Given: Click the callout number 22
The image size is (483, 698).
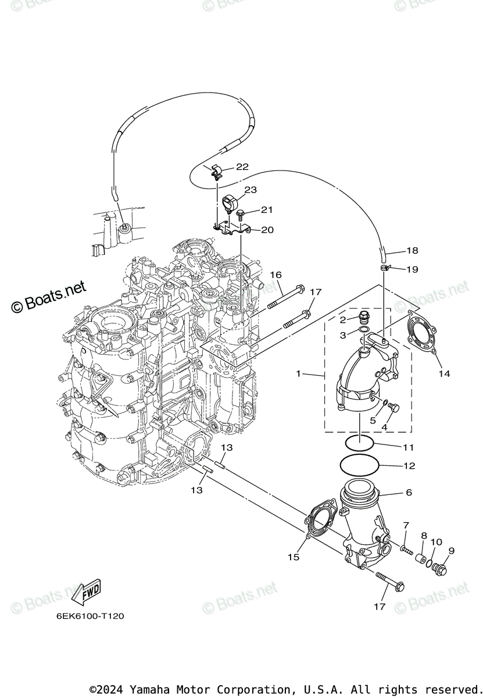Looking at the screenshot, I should (x=242, y=166).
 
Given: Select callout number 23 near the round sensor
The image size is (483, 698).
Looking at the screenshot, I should (x=251, y=190).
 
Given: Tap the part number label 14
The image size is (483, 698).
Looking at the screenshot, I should (x=444, y=373).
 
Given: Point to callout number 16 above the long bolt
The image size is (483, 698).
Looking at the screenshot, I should (x=276, y=275).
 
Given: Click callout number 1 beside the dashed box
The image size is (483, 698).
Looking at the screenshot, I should (x=299, y=373).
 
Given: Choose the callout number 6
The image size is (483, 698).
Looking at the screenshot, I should (x=409, y=492).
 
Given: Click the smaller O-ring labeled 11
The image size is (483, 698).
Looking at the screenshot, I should (x=359, y=444).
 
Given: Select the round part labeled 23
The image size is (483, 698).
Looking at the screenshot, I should (x=230, y=203).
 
